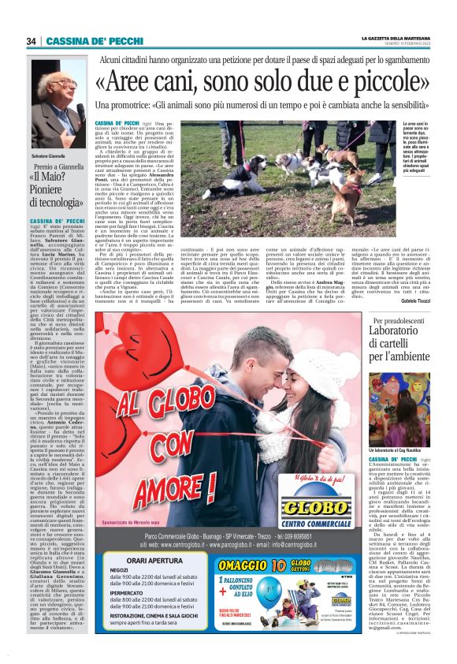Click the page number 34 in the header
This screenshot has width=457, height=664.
coord(32,41)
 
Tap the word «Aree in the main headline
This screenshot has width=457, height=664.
coord(137,83)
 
